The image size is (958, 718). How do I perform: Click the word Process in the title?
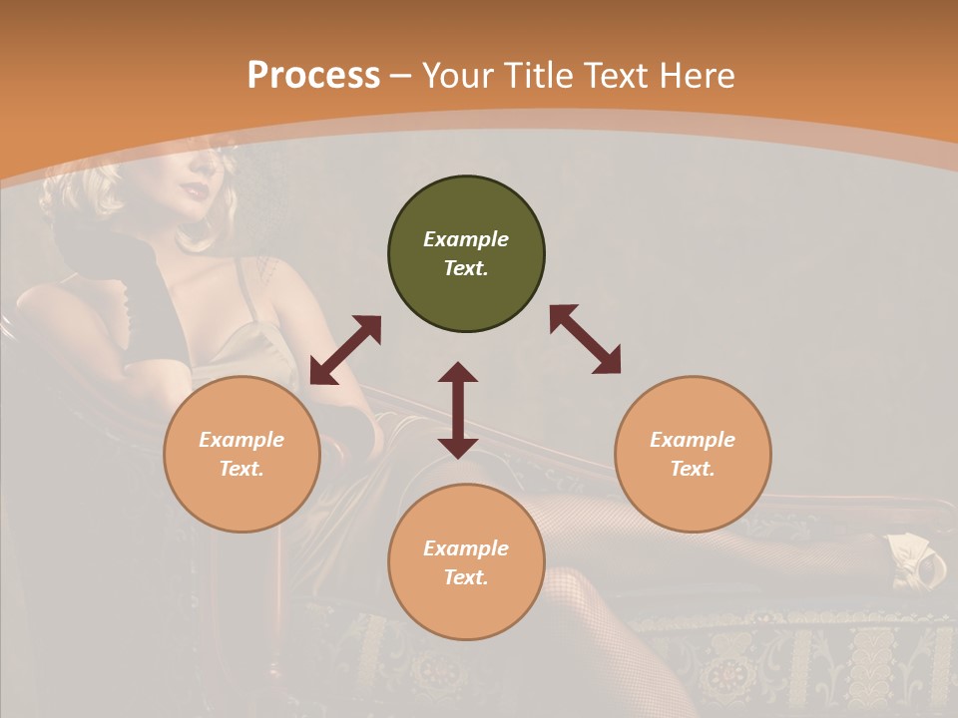click(x=313, y=76)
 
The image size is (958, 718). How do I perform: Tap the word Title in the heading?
click(x=535, y=76)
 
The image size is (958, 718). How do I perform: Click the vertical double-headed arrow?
click(x=458, y=410)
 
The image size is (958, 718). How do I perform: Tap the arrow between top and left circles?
click(x=345, y=350)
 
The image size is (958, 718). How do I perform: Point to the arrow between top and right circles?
click(x=585, y=339)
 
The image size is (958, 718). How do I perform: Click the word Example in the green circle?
click(x=466, y=239)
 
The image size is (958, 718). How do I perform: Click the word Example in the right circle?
click(x=693, y=440)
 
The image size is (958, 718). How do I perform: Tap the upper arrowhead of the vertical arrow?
click(x=458, y=372)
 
